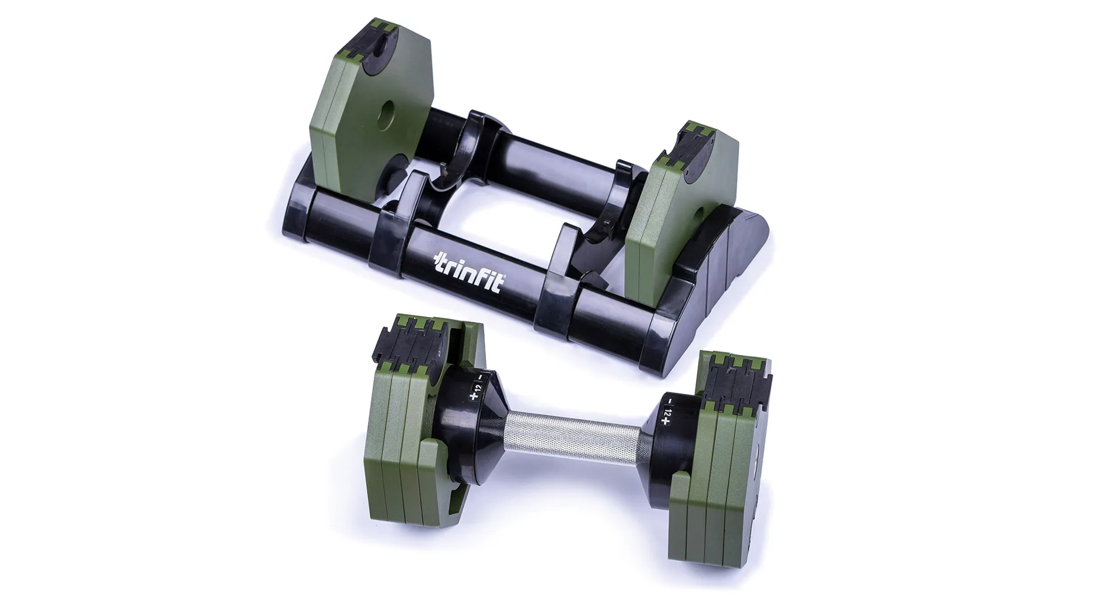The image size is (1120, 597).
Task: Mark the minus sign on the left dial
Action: (480, 377)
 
